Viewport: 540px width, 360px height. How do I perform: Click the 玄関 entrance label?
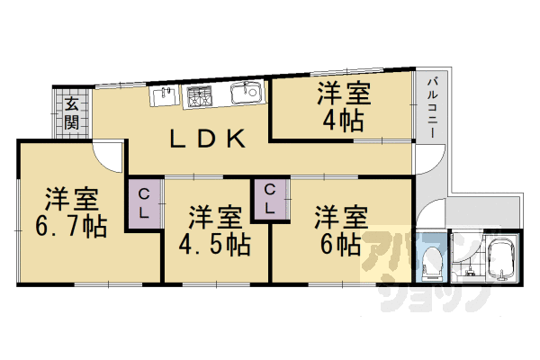70,112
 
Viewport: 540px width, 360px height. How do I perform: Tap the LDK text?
208,138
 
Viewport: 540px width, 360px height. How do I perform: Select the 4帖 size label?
343,121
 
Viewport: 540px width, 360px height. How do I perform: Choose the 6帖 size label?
339,243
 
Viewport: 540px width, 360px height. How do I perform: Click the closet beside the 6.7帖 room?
145,205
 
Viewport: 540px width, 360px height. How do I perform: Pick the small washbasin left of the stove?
164,94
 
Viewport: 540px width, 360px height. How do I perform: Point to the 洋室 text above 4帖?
343,94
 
